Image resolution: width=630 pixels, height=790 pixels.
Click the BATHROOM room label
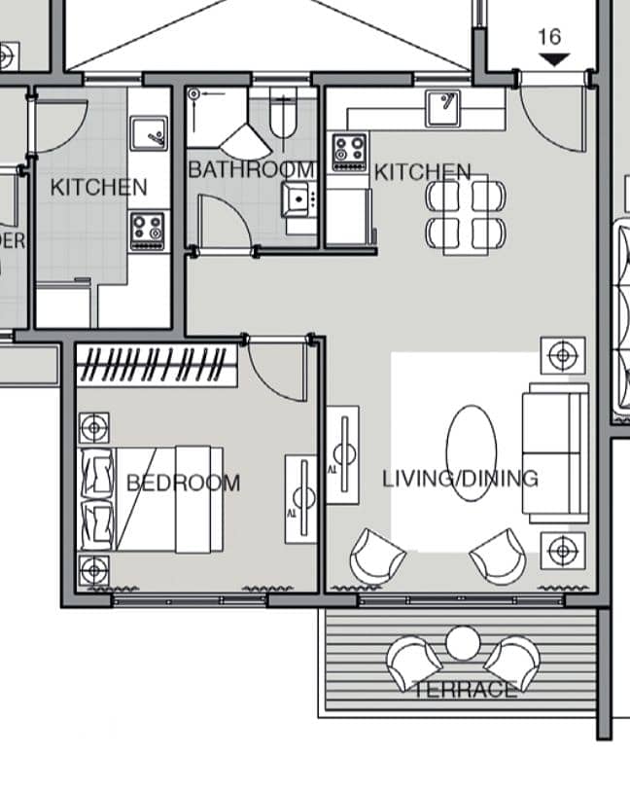tap(251, 169)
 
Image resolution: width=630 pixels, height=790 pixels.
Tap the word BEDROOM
tap(184, 484)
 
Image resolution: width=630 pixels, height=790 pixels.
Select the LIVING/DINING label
tap(460, 479)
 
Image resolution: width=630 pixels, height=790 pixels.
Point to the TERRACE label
tap(465, 690)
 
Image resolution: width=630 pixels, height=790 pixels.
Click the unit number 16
tap(549, 37)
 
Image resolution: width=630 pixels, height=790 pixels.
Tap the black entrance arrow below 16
tap(554, 59)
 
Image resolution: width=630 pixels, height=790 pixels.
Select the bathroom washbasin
tap(299, 199)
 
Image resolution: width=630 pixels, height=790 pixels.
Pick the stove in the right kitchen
tap(349, 152)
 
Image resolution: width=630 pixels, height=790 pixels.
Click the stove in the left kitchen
tap(148, 232)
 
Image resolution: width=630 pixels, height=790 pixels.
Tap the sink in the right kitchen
tap(442, 108)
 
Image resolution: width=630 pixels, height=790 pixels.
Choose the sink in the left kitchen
tap(149, 133)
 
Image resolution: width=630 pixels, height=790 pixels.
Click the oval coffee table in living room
tap(472, 453)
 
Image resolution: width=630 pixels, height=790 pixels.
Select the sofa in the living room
tap(555, 453)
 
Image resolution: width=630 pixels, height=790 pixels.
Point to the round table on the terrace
tap(463, 643)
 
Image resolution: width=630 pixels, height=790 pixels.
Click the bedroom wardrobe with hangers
tap(157, 365)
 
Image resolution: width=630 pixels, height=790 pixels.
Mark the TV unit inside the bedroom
tap(301, 499)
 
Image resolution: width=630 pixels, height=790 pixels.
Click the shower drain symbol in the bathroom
tap(194, 93)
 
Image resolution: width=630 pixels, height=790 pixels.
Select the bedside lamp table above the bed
tap(94, 428)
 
